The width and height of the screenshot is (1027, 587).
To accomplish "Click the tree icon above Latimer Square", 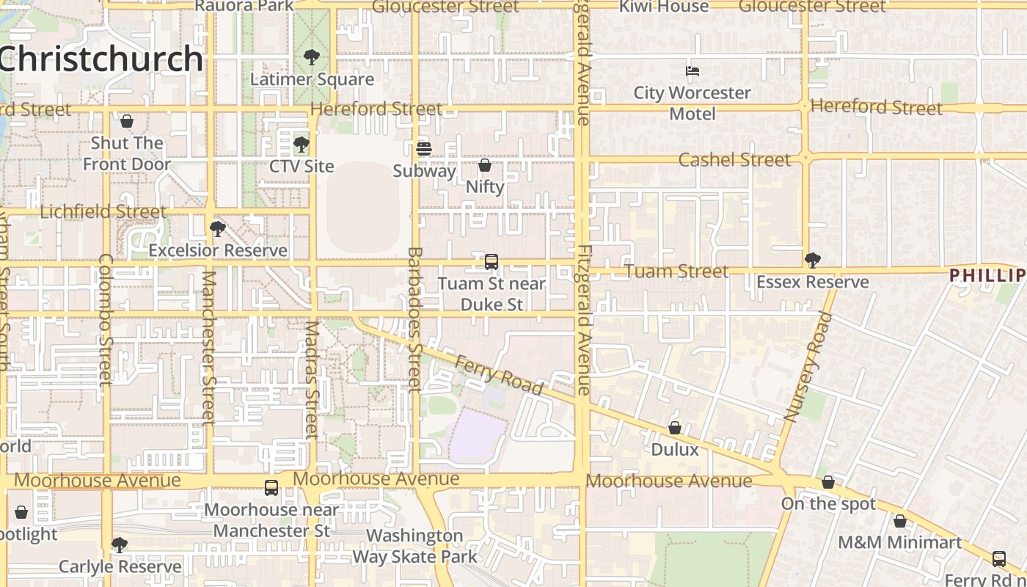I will tap(312, 56).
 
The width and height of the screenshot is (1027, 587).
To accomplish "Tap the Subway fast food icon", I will tap(424, 149).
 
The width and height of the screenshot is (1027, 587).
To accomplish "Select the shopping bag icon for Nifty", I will tap(485, 165).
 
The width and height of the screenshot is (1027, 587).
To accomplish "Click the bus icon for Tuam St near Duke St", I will tap(491, 261).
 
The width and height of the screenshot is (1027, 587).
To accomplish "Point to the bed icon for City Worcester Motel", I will tap(692, 71).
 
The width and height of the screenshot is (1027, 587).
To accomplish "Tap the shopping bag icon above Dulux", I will tap(675, 427).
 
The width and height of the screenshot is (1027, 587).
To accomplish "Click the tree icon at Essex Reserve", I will tap(812, 260).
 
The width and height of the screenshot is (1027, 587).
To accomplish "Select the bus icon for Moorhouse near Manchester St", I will tap(271, 487).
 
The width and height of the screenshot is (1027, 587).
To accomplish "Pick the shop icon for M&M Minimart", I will tap(900, 521).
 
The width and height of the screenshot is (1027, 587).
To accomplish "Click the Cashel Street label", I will tap(734, 160).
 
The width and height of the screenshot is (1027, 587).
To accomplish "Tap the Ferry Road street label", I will tap(499, 375).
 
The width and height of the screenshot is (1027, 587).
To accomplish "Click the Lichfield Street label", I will tap(103, 212).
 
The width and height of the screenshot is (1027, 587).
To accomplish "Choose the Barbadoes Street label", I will tap(414, 319).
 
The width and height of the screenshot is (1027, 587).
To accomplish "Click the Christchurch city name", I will tap(100, 59).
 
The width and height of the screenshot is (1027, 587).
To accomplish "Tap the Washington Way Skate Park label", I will tap(414, 546).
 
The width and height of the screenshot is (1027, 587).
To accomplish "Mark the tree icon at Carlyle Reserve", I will tap(119, 544).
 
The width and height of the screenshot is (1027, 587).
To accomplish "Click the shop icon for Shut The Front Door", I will tap(127, 121).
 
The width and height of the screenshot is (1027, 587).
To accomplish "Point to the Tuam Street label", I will tap(676, 271).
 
